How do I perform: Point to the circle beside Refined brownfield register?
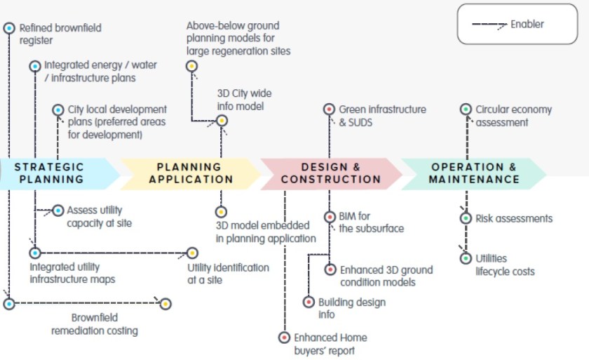(9, 28)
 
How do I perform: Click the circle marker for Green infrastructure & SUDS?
(328, 109)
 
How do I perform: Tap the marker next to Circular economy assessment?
(466, 109)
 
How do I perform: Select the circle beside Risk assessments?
(466, 218)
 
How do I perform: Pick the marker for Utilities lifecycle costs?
(466, 258)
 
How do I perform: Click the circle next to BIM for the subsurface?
(328, 218)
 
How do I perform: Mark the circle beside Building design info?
(309, 302)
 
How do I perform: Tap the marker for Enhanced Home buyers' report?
(284, 338)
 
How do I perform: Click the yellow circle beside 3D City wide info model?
(222, 121)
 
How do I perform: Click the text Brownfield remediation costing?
(95, 324)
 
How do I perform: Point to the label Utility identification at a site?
(228, 274)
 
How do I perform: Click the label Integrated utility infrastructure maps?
(72, 273)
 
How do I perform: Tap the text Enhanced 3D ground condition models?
(386, 276)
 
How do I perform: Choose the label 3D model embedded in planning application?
(266, 232)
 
